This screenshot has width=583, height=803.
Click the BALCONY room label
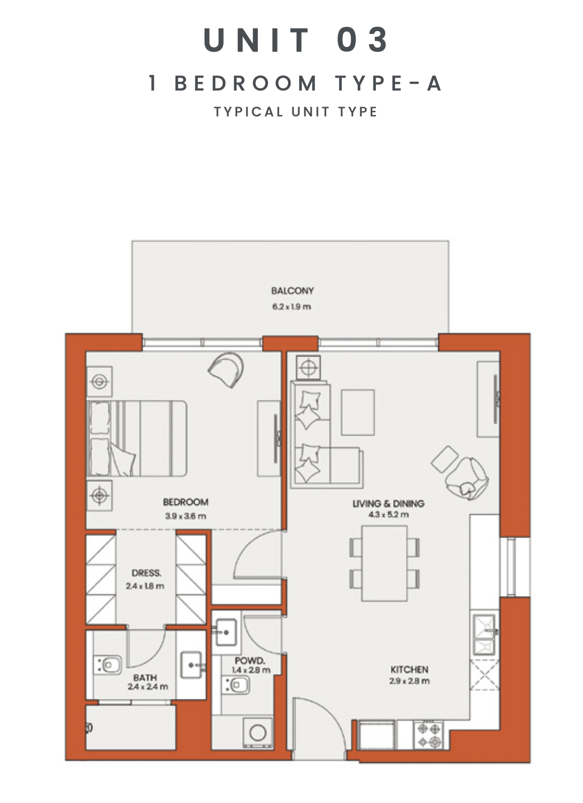coord(292,291)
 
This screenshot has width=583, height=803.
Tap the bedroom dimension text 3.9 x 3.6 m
coord(185,516)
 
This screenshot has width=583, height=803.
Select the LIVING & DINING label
coord(388,503)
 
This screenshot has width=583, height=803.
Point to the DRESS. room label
coord(147,573)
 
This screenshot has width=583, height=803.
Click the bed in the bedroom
coord(137,438)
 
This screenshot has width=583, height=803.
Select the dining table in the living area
coord(384,563)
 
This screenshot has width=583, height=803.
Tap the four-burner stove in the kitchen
coord(428,735)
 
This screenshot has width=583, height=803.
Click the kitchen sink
coord(485,635)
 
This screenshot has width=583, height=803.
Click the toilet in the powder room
coord(236,685)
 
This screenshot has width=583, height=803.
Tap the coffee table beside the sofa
coord(358,412)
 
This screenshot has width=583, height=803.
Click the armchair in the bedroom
coord(226,369)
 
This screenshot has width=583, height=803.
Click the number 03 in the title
coord(363,39)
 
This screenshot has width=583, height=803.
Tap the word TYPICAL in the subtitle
coord(249,112)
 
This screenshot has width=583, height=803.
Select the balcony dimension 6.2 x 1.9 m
coord(291,306)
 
